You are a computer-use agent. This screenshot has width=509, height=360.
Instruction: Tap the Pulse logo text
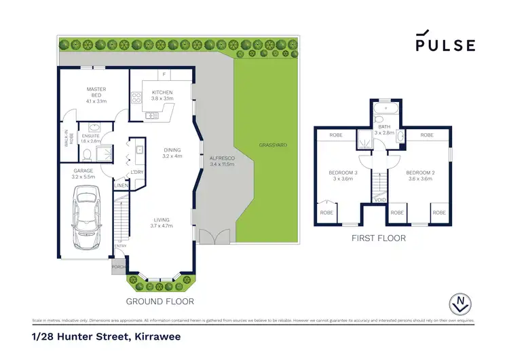[445, 44]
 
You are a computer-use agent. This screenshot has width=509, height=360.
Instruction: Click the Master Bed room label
[97, 93]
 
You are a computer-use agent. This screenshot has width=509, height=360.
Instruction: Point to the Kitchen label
[162, 93]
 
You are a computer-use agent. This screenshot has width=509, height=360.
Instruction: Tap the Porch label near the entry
[119, 268]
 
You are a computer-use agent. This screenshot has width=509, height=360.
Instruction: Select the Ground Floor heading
[160, 301]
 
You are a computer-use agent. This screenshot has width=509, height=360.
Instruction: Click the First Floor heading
[379, 238]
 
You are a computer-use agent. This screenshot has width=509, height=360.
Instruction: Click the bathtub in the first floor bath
[389, 107]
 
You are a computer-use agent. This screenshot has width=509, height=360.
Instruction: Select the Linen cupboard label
[121, 185]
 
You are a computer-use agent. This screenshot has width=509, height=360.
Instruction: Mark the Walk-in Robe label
[67, 139]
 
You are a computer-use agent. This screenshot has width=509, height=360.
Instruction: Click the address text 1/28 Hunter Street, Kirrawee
[106, 336]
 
